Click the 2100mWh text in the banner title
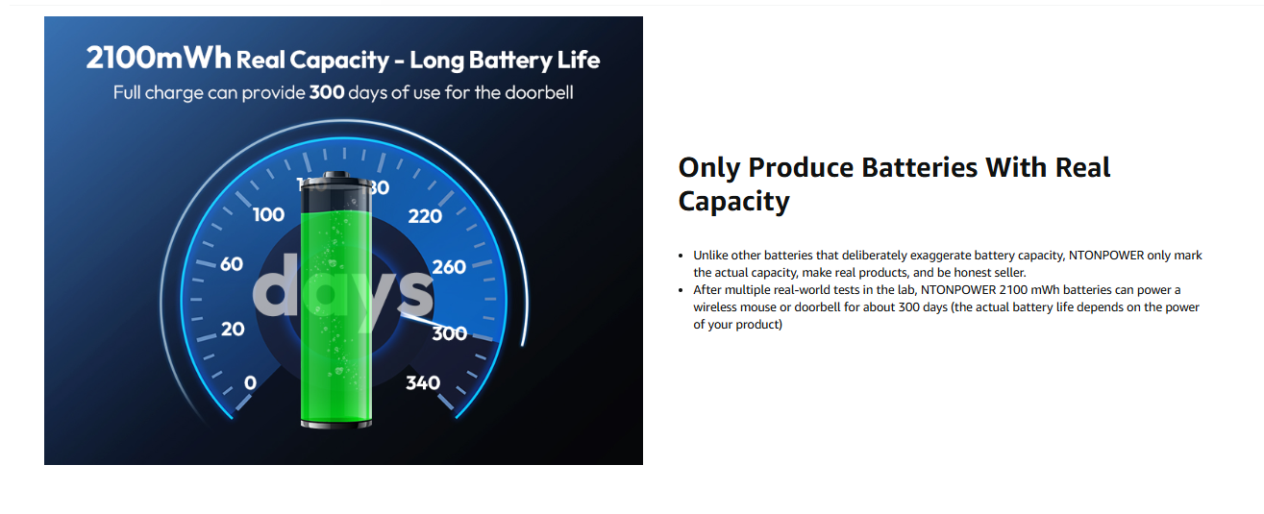pos(159,58)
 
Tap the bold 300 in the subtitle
pos(327,92)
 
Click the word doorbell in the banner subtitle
pos(539,92)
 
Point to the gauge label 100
pos(268,215)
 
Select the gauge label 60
pos(232,264)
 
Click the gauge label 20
pos(233,329)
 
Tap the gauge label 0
pos(250,383)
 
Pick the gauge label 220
pos(425,216)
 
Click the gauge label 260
pos(449,267)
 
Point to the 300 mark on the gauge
pos(450,333)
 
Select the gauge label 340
pos(423,383)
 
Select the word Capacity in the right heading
pos(733,202)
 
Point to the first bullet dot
pos(682,257)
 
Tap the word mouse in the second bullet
pos(760,307)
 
